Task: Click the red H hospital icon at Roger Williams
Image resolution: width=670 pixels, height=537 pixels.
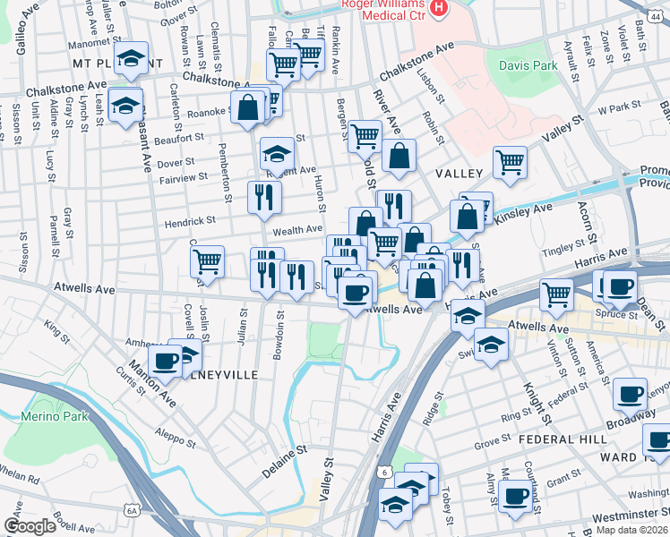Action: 439,10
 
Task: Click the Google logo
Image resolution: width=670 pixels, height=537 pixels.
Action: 30,526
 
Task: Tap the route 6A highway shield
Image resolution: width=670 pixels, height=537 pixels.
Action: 133,511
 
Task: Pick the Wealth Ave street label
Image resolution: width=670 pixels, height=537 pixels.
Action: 296,230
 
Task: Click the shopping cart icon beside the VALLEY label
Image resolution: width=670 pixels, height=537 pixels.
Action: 510,163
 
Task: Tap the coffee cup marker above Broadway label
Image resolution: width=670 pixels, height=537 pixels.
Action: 631,392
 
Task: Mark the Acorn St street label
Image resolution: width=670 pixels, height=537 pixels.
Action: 588,228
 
